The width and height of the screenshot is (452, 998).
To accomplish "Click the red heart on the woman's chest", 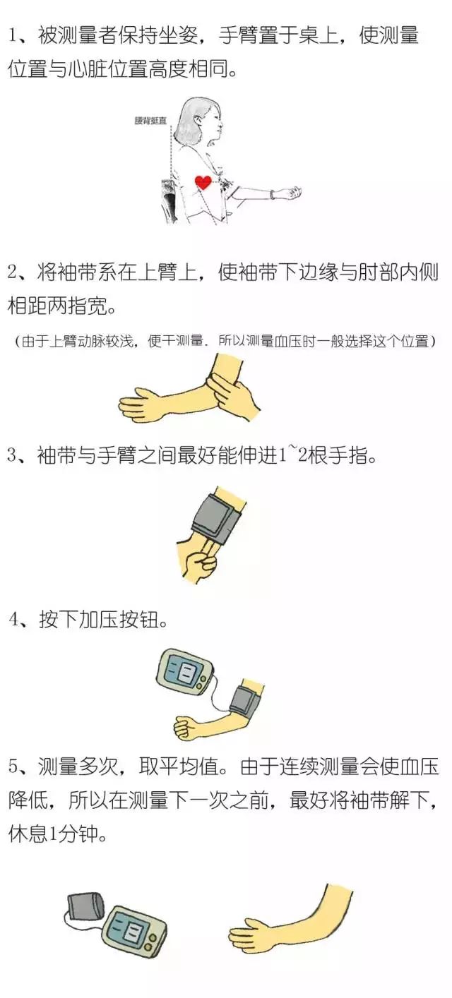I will click(203, 182).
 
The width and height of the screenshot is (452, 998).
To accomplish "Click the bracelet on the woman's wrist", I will click(272, 194).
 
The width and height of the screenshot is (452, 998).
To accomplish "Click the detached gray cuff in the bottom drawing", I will click(86, 907).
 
